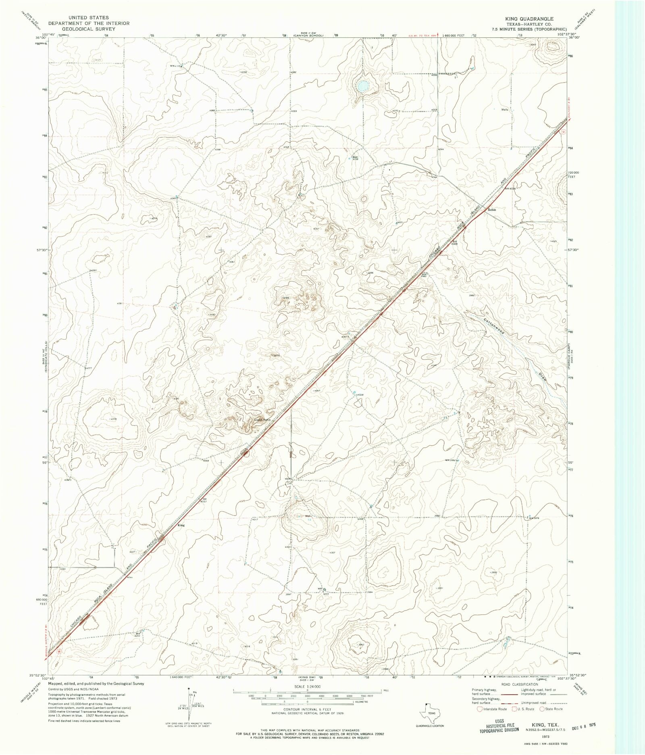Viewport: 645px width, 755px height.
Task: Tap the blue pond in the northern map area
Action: tap(362, 86)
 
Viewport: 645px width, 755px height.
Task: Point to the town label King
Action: tap(181, 525)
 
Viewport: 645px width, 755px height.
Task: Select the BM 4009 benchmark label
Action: tap(454, 243)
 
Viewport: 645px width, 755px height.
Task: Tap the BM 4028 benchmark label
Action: tap(510, 188)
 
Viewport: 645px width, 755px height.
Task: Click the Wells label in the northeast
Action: tap(504, 110)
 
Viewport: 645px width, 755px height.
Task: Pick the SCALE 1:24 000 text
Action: tap(307, 686)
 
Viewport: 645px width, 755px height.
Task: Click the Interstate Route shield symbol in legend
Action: tap(480, 709)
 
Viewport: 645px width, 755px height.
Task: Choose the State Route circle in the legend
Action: tap(542, 709)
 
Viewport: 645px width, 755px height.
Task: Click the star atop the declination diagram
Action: tap(188, 689)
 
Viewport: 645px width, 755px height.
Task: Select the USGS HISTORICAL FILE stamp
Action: tap(499, 726)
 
